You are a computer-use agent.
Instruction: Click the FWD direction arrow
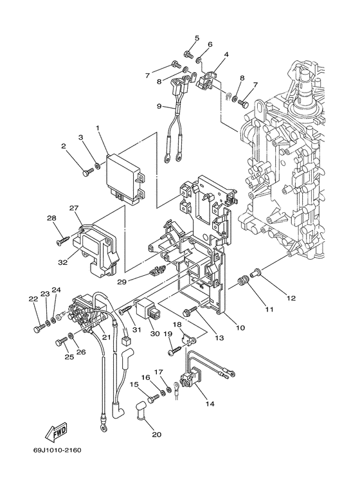coord(57,431)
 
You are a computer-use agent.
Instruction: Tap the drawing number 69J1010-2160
coord(57,450)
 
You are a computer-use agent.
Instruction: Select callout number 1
coord(98,128)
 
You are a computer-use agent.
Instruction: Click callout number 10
coord(240,327)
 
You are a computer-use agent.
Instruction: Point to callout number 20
coord(157,434)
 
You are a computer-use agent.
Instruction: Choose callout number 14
coord(210,404)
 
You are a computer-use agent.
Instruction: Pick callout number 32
coord(62,262)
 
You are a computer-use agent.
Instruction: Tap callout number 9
coord(159,106)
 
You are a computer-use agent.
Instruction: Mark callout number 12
coord(291,298)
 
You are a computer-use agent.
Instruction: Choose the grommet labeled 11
coord(244,281)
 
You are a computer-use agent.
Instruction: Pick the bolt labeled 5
coord(188,55)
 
